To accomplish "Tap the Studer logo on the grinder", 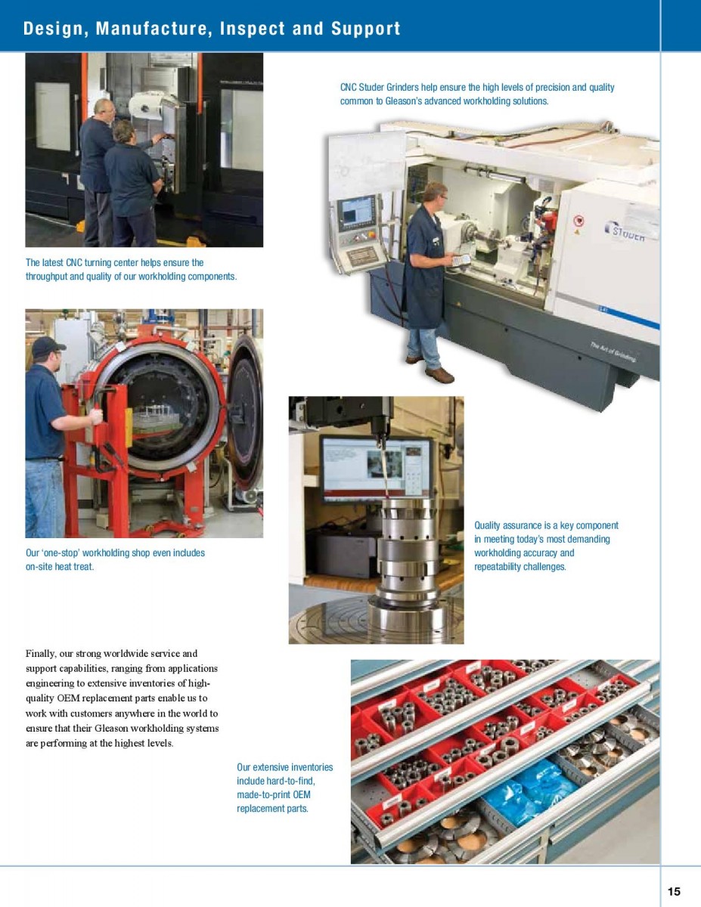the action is click(626, 231).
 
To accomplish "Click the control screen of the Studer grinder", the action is click(356, 213).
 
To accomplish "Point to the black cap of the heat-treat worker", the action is click(48, 346).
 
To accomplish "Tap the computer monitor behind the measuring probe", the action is click(377, 469).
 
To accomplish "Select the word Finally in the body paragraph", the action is click(39, 654).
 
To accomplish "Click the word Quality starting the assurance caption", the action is click(487, 526).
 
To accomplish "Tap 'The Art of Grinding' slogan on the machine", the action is click(613, 351).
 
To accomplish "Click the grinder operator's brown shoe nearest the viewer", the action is click(439, 374).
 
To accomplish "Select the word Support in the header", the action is click(366, 29).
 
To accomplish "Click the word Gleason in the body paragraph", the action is click(110, 729).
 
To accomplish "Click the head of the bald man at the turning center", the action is click(104, 110).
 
